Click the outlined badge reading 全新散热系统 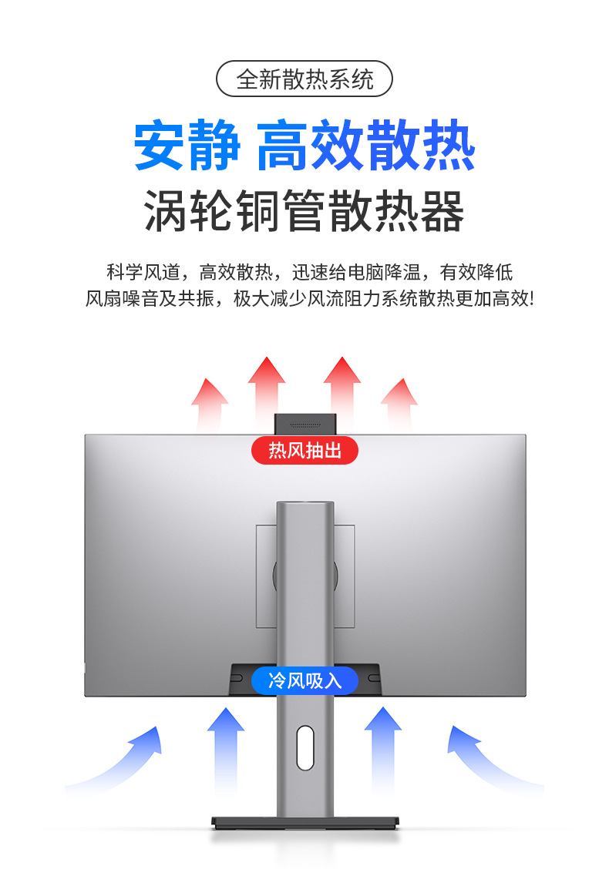pyautogui.click(x=304, y=79)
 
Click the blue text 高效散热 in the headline pyautogui.click(x=365, y=146)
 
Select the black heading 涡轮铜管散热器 pyautogui.click(x=304, y=211)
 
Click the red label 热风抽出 pyautogui.click(x=304, y=450)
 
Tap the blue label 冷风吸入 pyautogui.click(x=304, y=680)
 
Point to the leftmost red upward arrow pyautogui.click(x=210, y=405)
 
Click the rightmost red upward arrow pyautogui.click(x=399, y=405)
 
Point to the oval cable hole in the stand pyautogui.click(x=305, y=747)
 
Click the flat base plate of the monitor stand pyautogui.click(x=304, y=824)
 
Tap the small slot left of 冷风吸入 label pyautogui.click(x=237, y=679)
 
